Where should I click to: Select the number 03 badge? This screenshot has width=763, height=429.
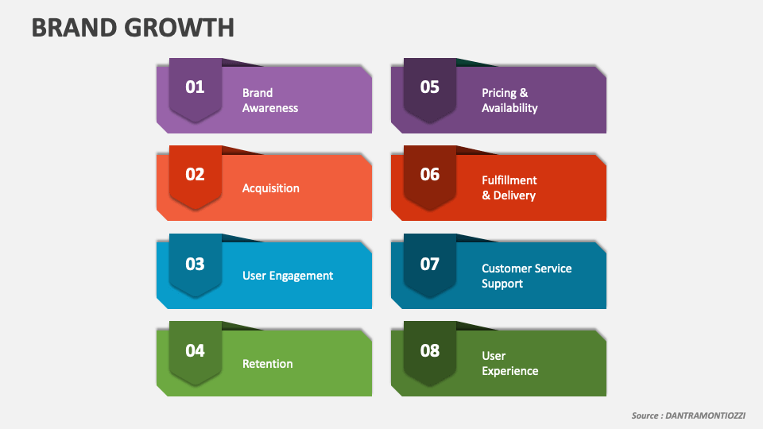tap(195, 264)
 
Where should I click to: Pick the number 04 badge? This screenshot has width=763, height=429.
tap(195, 351)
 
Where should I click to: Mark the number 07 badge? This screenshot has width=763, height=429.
tap(429, 264)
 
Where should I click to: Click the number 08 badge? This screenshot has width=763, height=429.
tap(429, 351)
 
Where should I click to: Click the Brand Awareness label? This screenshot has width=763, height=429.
tap(270, 100)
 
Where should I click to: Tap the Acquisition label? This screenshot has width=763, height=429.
tap(271, 188)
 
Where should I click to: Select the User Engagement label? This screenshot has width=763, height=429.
tap(288, 276)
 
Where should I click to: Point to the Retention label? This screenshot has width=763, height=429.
tap(268, 364)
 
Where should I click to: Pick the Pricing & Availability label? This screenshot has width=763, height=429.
tap(509, 100)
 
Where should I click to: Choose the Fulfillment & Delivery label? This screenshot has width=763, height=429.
tap(509, 187)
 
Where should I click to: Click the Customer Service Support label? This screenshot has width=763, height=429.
tap(526, 276)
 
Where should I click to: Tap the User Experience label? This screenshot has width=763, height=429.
tap(509, 363)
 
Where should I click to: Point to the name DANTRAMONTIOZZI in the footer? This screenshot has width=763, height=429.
tap(703, 415)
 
